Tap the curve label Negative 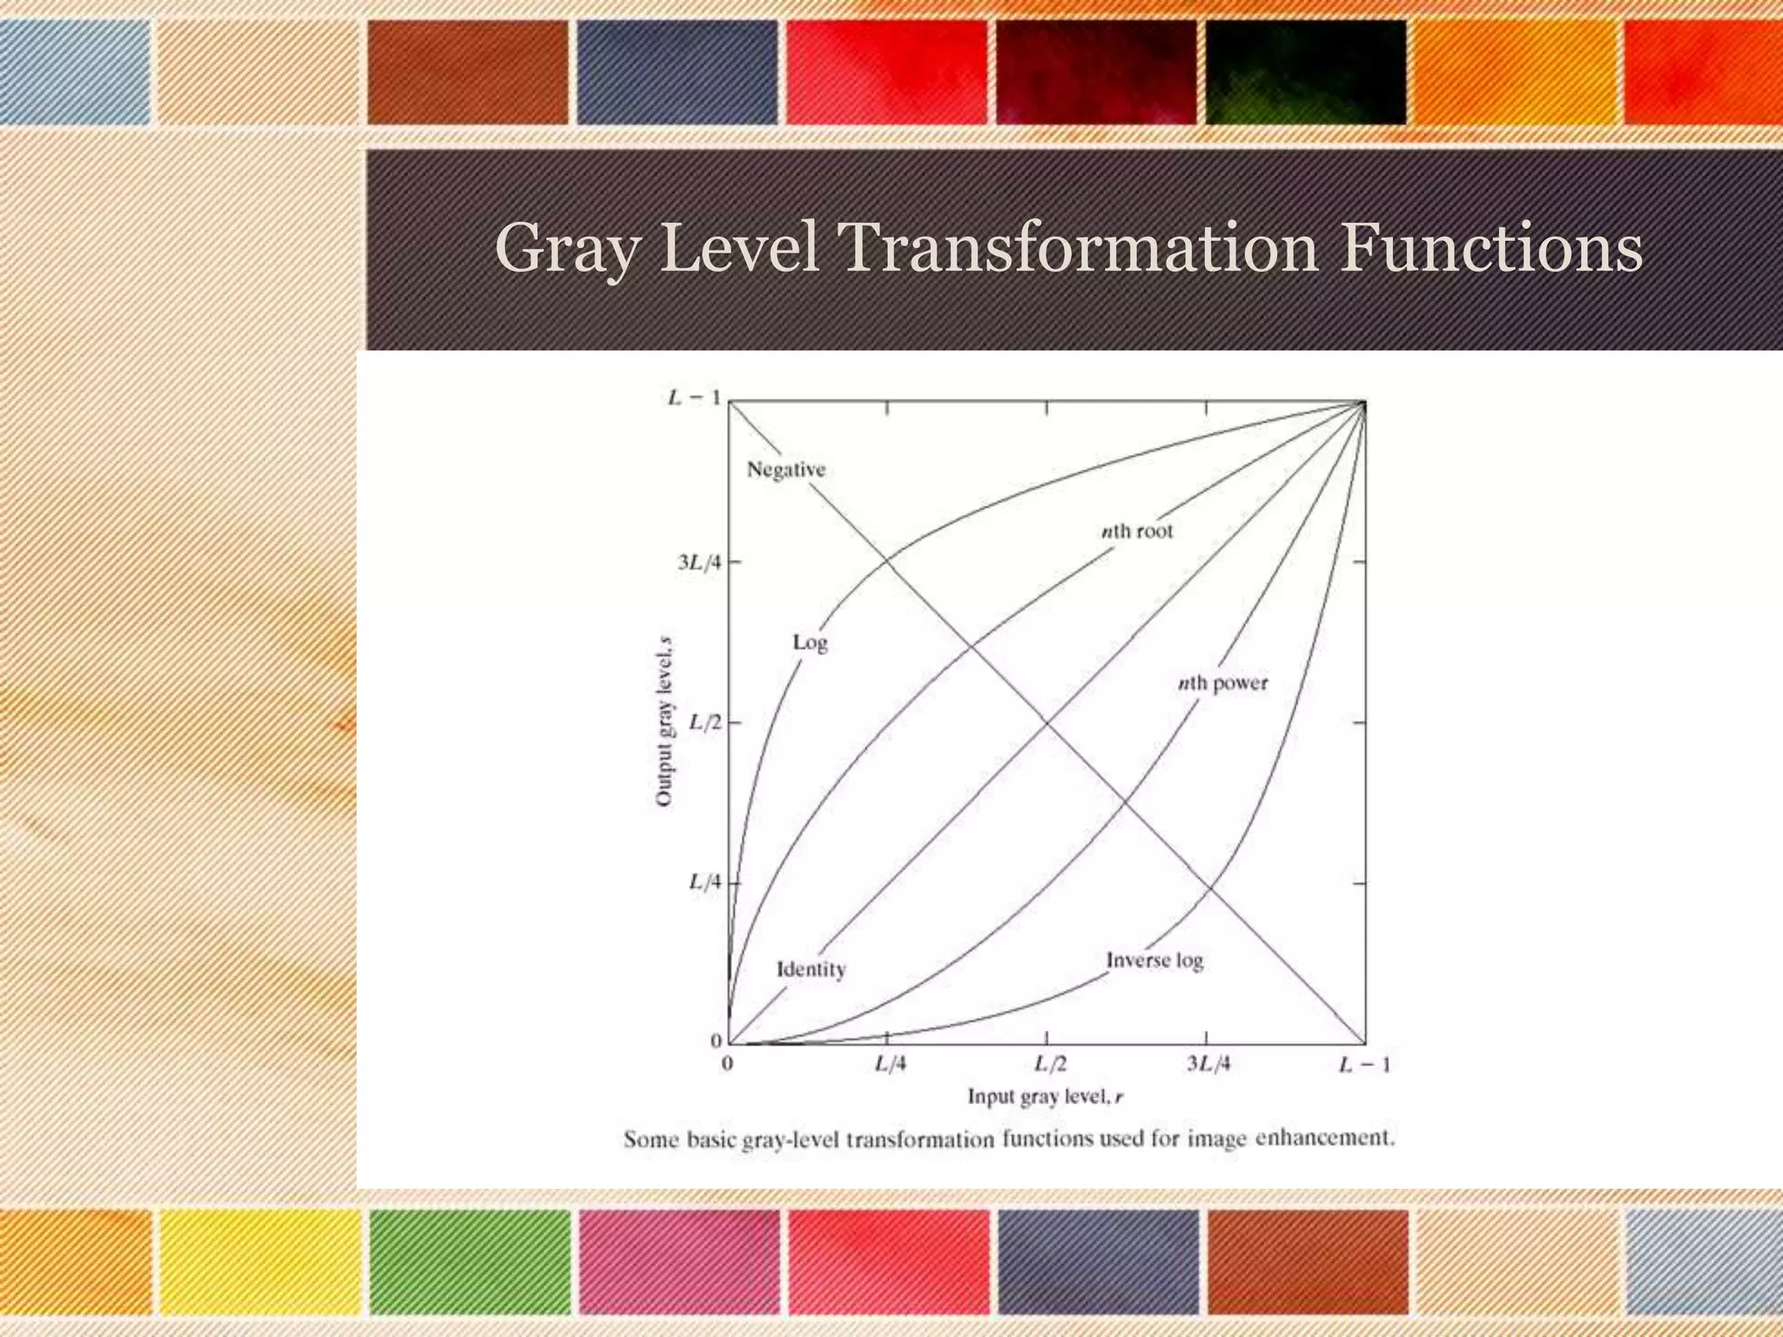(x=786, y=470)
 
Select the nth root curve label (x=1137, y=531)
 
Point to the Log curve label (x=810, y=643)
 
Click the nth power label (x=1222, y=684)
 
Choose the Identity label (x=811, y=970)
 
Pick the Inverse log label (x=1154, y=961)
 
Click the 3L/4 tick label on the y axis (x=700, y=563)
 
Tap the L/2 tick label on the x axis (x=1050, y=1065)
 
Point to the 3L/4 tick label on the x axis (x=1208, y=1065)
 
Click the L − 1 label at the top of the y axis (x=694, y=399)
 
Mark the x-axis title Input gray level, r (x=1046, y=1098)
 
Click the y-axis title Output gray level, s (x=664, y=722)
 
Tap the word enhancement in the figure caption (x=1324, y=1139)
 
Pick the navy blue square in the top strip (x=676, y=72)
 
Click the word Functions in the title (x=1490, y=249)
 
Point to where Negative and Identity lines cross (x=1046, y=722)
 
